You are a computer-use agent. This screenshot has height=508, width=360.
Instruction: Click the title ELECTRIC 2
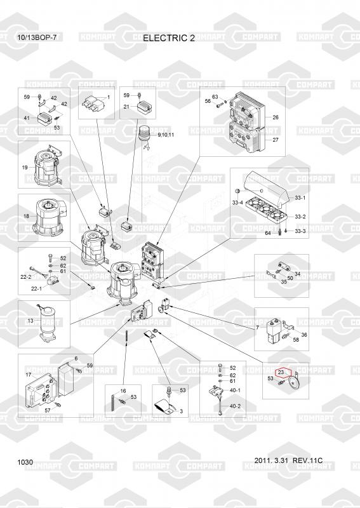tap(169, 38)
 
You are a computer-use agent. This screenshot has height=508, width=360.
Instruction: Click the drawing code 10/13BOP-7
tap(37, 37)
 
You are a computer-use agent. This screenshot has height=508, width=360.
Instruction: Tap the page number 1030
tap(25, 462)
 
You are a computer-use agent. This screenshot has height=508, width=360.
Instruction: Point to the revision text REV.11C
tap(307, 460)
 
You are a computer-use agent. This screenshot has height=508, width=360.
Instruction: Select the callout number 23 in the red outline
tap(281, 372)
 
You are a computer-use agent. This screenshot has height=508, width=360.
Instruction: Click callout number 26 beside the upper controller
tap(276, 117)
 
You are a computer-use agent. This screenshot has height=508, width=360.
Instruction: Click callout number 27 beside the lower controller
tap(276, 140)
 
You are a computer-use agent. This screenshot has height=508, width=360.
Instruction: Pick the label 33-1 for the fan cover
tap(300, 197)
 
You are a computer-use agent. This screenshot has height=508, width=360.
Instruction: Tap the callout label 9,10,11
tap(166, 135)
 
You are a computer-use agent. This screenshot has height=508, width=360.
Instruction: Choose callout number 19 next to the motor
tap(25, 168)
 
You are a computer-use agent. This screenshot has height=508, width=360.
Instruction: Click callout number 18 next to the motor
tap(26, 216)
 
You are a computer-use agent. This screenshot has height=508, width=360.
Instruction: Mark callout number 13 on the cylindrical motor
tap(30, 321)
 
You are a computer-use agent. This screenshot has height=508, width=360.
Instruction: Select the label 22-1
tap(36, 289)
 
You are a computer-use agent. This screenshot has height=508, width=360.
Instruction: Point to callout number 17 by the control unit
tap(29, 375)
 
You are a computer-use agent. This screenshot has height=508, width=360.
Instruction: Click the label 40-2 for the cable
tap(235, 406)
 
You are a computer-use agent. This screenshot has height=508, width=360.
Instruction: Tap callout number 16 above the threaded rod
tap(123, 391)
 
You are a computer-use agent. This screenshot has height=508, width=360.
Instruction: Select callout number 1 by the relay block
tap(109, 97)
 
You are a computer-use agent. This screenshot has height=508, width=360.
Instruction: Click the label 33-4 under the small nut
tap(237, 203)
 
